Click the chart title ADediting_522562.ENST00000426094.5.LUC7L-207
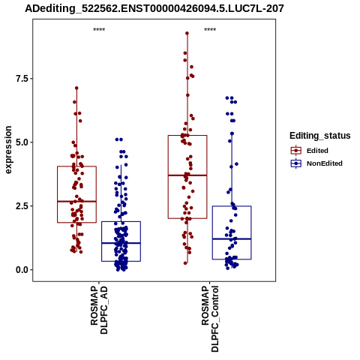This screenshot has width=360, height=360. [154, 8]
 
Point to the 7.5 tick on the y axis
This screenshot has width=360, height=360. [21, 79]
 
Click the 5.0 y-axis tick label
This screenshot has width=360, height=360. [21, 142]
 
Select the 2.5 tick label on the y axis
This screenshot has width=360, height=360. [21, 206]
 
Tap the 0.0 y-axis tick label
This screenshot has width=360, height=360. [21, 270]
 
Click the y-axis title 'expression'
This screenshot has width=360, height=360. [8, 150]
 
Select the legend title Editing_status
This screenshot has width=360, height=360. [320, 136]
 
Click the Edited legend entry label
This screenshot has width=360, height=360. [317, 151]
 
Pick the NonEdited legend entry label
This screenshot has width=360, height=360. [325, 163]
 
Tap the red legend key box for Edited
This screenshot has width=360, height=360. [296, 151]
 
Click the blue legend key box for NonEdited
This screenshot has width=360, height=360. [296, 163]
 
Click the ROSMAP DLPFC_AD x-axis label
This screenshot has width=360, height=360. [99, 310]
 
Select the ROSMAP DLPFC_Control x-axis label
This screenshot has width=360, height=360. [210, 319]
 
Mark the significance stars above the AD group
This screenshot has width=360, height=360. [99, 30]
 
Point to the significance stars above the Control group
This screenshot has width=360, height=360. [210, 30]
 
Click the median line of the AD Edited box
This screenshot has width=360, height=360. [76, 201]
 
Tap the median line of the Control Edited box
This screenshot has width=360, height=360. [187, 175]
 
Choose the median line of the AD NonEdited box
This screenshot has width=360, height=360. [121, 243]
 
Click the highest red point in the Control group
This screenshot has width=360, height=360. [187, 33]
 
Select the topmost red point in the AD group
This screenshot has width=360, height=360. [76, 88]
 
